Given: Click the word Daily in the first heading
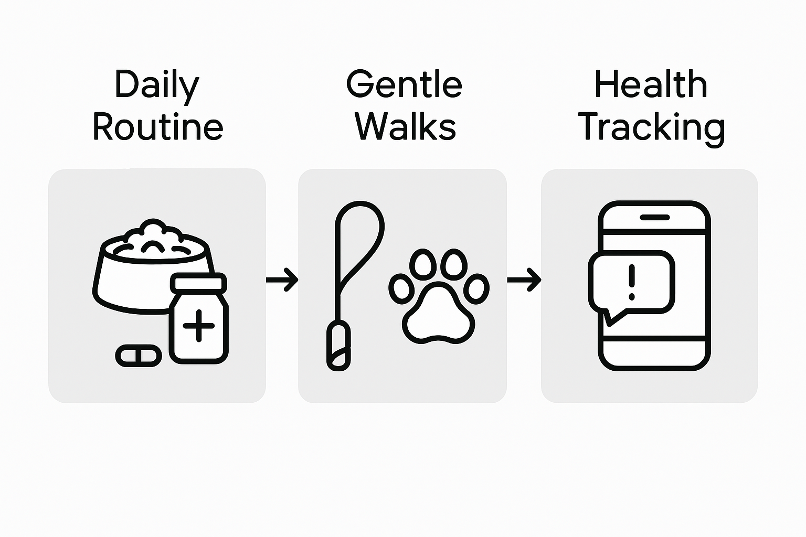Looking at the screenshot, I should pyautogui.click(x=157, y=85).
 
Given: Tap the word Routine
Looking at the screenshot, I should pyautogui.click(x=158, y=127).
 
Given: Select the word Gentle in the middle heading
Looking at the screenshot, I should pyautogui.click(x=404, y=84).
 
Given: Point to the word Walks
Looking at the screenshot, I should pyautogui.click(x=406, y=127).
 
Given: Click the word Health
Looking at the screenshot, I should pyautogui.click(x=651, y=84).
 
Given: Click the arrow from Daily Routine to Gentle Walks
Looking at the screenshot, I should pyautogui.click(x=282, y=280).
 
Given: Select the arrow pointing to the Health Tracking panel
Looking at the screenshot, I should pyautogui.click(x=524, y=280).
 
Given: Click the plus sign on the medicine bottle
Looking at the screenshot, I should pyautogui.click(x=199, y=326).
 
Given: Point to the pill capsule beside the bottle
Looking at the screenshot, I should pyautogui.click(x=139, y=356).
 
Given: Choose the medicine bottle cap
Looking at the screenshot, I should pyautogui.click(x=198, y=284).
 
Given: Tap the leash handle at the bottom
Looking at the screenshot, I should pyautogui.click(x=338, y=347).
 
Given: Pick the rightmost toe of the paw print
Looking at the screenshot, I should pyautogui.click(x=476, y=288).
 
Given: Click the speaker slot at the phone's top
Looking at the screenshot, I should pyautogui.click(x=654, y=217).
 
